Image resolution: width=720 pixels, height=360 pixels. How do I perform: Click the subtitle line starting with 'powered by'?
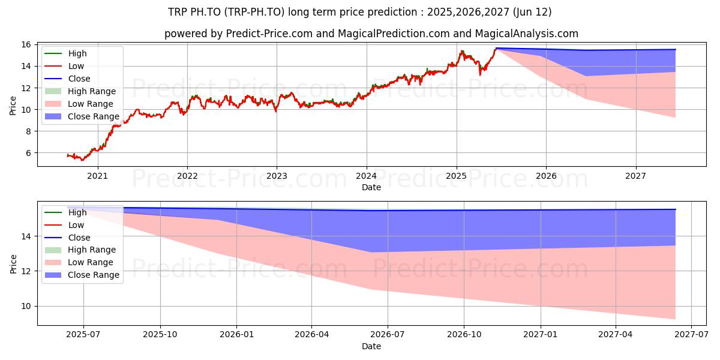tap(371, 34)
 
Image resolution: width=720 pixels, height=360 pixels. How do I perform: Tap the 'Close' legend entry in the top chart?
tap(79, 79)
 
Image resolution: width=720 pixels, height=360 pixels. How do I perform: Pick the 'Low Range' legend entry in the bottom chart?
tap(91, 262)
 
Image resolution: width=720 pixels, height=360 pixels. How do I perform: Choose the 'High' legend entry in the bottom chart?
tap(77, 212)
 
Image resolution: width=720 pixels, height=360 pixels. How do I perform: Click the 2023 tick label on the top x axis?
tap(277, 176)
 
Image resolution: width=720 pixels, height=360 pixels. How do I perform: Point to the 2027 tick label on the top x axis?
tap(635, 176)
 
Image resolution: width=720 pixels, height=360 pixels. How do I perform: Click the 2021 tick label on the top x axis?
tap(97, 176)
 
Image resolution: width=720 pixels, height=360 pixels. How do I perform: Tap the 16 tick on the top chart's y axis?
tap(26, 44)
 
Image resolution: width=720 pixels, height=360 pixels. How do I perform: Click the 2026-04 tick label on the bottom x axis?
tap(312, 335)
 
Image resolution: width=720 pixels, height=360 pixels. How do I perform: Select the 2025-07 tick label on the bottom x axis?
tap(83, 335)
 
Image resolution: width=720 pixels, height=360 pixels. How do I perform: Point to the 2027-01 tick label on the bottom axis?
tap(541, 335)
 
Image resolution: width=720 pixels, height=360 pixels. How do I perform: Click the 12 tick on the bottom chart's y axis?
tap(26, 271)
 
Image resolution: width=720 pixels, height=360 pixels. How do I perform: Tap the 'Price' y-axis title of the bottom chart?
tap(13, 263)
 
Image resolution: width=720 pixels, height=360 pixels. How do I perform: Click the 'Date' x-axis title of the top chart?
tap(371, 187)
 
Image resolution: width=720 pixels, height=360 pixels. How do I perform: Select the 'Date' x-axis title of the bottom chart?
tap(371, 346)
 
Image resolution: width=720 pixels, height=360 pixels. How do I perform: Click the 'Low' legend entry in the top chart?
tap(76, 66)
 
